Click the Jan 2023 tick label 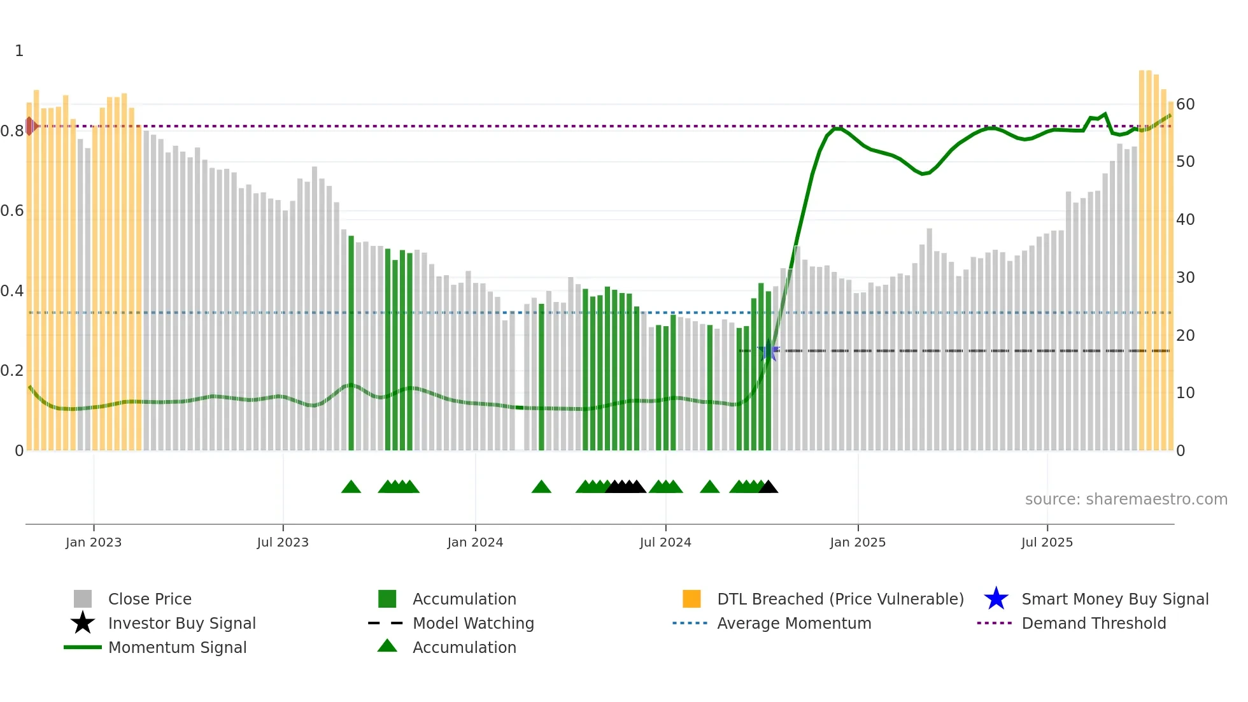[x=93, y=542]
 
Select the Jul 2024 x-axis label [x=665, y=542]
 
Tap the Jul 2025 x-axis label [x=1047, y=542]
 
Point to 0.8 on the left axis [x=13, y=131]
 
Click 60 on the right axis [x=1185, y=104]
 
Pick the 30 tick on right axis [x=1185, y=278]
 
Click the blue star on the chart [x=769, y=351]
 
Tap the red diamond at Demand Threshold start [x=30, y=126]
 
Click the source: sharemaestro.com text [x=1126, y=499]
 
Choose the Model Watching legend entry [x=472, y=624]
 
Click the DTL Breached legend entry [x=840, y=599]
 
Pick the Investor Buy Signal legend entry [x=181, y=624]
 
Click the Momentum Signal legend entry [x=177, y=648]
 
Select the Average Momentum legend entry [x=793, y=624]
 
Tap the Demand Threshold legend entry [x=1093, y=624]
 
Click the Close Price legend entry [x=150, y=599]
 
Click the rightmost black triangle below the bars [x=769, y=487]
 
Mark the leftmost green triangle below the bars [x=351, y=487]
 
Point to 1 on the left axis [x=19, y=51]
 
